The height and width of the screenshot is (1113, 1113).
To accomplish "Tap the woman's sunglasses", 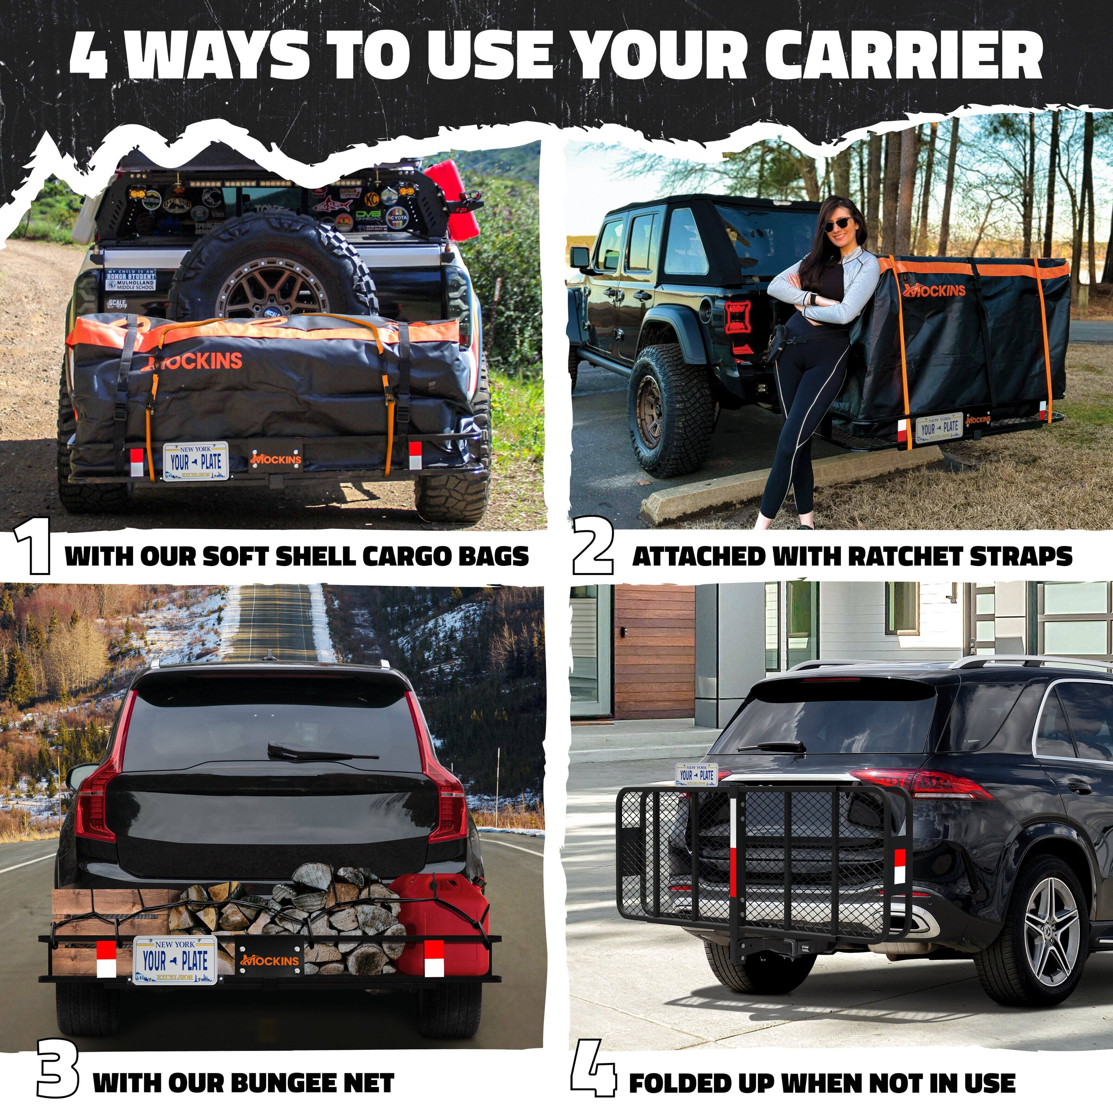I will [839, 223].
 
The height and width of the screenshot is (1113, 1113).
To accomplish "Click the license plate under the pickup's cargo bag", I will [196, 461].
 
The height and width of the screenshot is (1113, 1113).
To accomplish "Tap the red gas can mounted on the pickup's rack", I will [455, 199].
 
